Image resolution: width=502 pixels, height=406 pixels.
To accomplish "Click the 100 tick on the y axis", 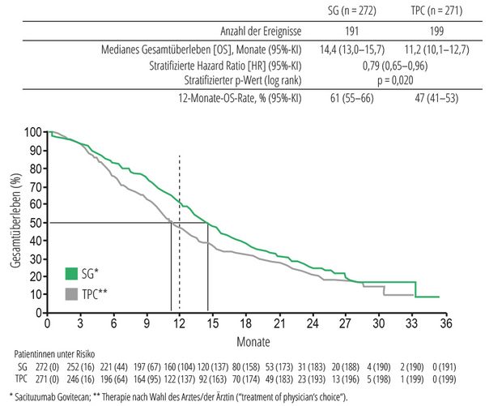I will tap(33, 132).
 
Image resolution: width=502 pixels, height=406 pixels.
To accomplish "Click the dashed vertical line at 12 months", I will tap(179, 186).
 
